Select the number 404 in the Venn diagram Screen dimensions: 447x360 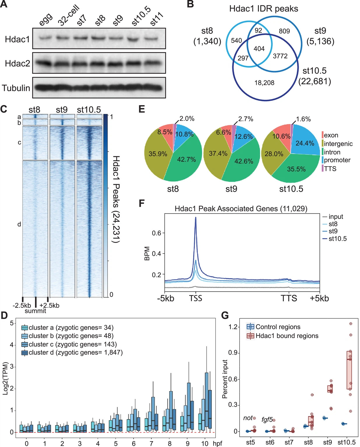point(259,49)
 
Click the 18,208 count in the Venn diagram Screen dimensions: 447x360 point(264,83)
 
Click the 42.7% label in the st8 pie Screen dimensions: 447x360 point(186,159)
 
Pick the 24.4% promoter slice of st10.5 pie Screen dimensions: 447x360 point(305,143)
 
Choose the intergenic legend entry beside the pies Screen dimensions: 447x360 point(338,143)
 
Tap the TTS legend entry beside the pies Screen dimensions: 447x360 point(330,169)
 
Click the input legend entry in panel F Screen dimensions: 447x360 point(335,217)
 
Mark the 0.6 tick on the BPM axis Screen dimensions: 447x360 point(157,233)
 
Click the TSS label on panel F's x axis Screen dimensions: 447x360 point(195,298)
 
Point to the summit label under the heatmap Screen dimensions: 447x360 point(35,311)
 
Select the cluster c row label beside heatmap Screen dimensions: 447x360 point(19,142)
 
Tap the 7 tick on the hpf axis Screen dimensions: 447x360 point(151,443)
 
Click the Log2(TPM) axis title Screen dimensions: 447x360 point(5,378)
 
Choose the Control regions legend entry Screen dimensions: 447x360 point(278,327)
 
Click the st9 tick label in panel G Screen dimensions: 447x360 point(327,442)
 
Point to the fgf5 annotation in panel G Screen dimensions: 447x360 point(267,420)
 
